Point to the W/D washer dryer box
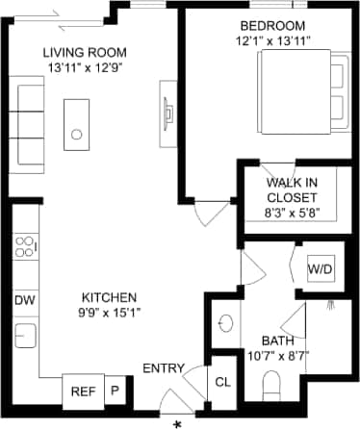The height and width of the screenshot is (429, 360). (x=320, y=269)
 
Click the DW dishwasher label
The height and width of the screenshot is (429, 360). (x=25, y=301)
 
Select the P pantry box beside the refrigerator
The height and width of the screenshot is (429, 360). (x=115, y=391)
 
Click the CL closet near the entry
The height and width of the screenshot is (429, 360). (x=222, y=383)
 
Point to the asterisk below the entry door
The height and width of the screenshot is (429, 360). (x=177, y=423)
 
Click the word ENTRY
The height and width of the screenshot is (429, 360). (x=164, y=369)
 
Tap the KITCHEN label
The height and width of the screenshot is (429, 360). (x=109, y=297)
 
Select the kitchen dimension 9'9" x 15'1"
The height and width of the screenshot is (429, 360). (x=109, y=313)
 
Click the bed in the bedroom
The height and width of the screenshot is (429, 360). (x=300, y=88)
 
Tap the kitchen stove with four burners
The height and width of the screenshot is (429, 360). (x=25, y=249)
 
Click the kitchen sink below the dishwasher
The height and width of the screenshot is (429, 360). (x=25, y=336)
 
